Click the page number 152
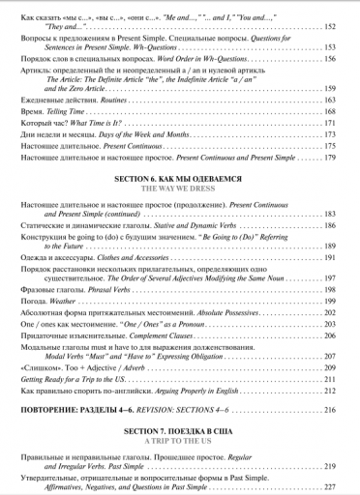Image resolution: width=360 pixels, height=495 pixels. pyautogui.click(x=329, y=26)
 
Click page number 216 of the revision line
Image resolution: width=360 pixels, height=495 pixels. pyautogui.click(x=329, y=411)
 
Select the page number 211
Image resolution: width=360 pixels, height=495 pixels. pyautogui.click(x=329, y=379)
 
